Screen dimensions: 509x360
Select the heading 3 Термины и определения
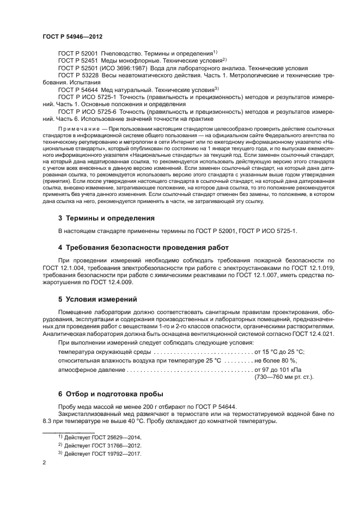point(106,218)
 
